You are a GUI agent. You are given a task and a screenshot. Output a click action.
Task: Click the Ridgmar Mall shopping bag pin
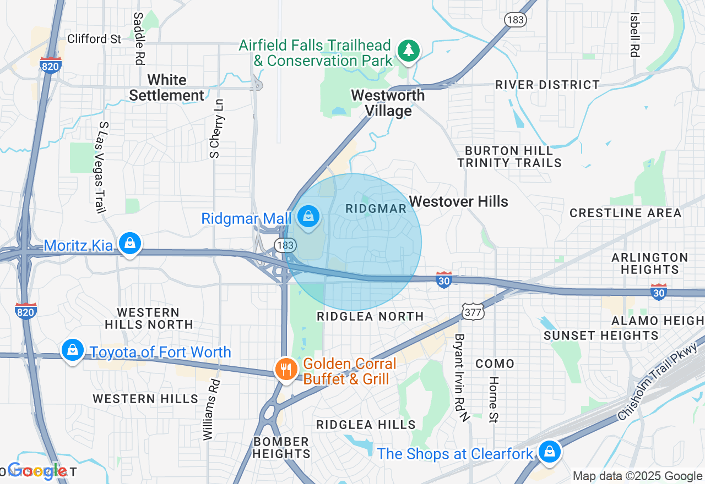pos(309,217)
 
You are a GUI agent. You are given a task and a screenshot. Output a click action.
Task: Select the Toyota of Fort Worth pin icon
pos(72,349)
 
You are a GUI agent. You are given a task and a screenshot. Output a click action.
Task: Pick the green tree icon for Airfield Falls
pos(408,51)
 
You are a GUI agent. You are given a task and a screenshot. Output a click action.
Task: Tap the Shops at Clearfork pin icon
pos(549,452)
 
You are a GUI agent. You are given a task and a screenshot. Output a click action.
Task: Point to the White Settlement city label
pos(166,87)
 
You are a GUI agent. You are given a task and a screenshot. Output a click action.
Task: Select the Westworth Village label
pos(388,103)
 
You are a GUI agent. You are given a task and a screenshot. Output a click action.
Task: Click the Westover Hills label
pos(459,201)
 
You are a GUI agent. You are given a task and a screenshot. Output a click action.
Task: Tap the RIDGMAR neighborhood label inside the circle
pos(376,208)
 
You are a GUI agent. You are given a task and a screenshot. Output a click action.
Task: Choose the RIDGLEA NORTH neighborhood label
pos(370,316)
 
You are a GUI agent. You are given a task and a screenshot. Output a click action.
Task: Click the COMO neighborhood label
pos(495,364)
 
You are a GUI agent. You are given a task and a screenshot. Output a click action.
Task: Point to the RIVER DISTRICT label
pos(547,85)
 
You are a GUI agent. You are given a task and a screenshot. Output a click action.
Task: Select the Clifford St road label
pos(94,38)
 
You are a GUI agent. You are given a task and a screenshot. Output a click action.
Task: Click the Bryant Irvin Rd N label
pos(460,377)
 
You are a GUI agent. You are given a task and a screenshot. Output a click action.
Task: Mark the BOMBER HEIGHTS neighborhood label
pos(281,448)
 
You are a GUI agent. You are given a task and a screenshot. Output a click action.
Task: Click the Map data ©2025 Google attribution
pos(637,476)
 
